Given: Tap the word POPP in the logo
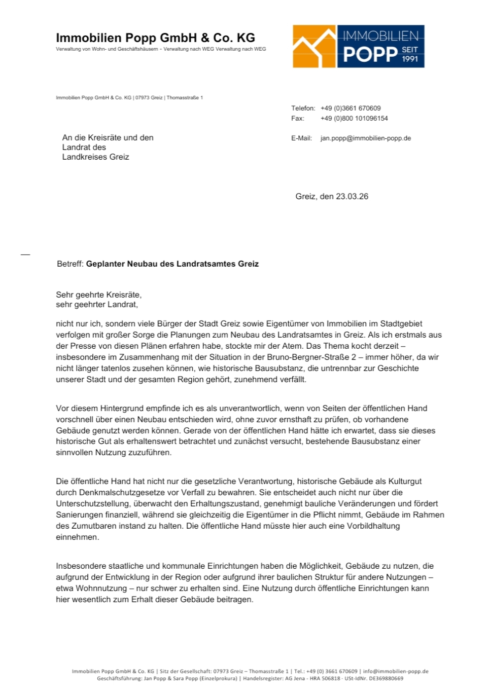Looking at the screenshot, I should tap(370, 54).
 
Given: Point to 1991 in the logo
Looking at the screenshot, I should tap(410, 59).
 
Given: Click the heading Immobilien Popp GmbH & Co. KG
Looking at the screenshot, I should tap(155, 38).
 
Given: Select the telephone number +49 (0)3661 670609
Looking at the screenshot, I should tap(351, 108).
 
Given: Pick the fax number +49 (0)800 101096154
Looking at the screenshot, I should tap(354, 119).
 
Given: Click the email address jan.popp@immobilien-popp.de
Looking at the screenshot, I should tap(366, 138).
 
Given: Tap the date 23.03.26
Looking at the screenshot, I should tap(352, 197).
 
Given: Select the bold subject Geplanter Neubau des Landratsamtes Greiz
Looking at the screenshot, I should tap(172, 264).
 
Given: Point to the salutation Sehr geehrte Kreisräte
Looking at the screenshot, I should tap(98, 295).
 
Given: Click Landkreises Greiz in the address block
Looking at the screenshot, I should tap(95, 157).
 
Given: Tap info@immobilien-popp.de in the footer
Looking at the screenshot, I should tap(396, 672).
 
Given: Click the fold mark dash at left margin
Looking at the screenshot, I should tap(25, 254).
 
